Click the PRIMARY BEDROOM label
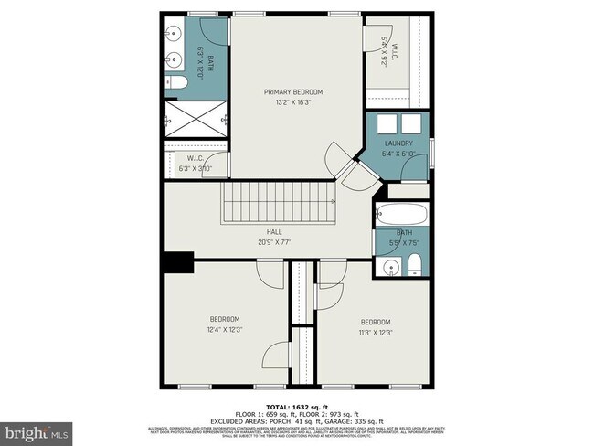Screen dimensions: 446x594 pyautogui.click(x=293, y=92)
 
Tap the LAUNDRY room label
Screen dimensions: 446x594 pyautogui.click(x=398, y=143)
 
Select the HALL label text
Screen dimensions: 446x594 pyautogui.click(x=274, y=232)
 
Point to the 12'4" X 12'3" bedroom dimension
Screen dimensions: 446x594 pyautogui.click(x=224, y=330)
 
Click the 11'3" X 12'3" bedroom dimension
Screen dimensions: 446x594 pyautogui.click(x=375, y=333)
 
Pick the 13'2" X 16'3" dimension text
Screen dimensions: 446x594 pyautogui.click(x=293, y=102)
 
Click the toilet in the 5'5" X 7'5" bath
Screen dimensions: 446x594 pyautogui.click(x=414, y=266)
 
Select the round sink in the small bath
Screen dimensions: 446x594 pyautogui.click(x=391, y=268)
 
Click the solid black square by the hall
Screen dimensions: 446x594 pyautogui.click(x=176, y=261)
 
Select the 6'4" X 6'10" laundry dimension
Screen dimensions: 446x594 pyautogui.click(x=398, y=153)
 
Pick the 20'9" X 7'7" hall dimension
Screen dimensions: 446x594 pyautogui.click(x=274, y=242)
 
